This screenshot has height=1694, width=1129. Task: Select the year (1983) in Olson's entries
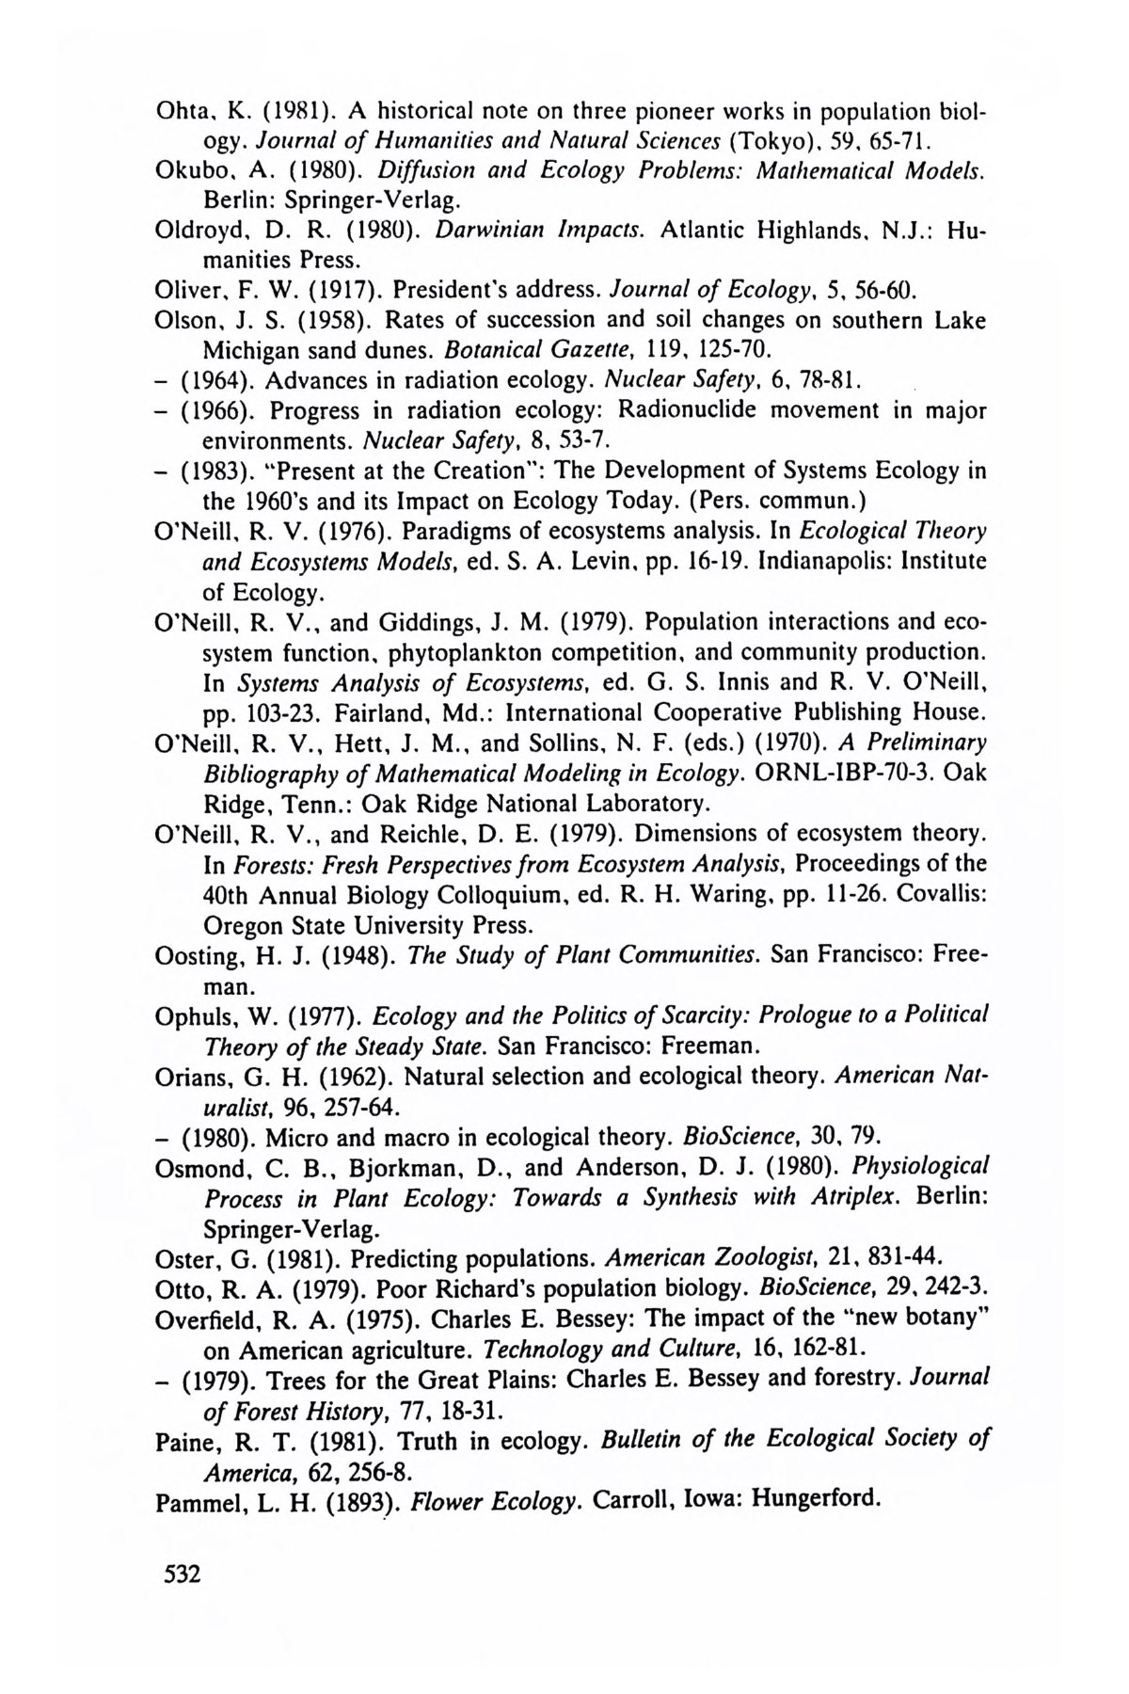pyautogui.click(x=215, y=471)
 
